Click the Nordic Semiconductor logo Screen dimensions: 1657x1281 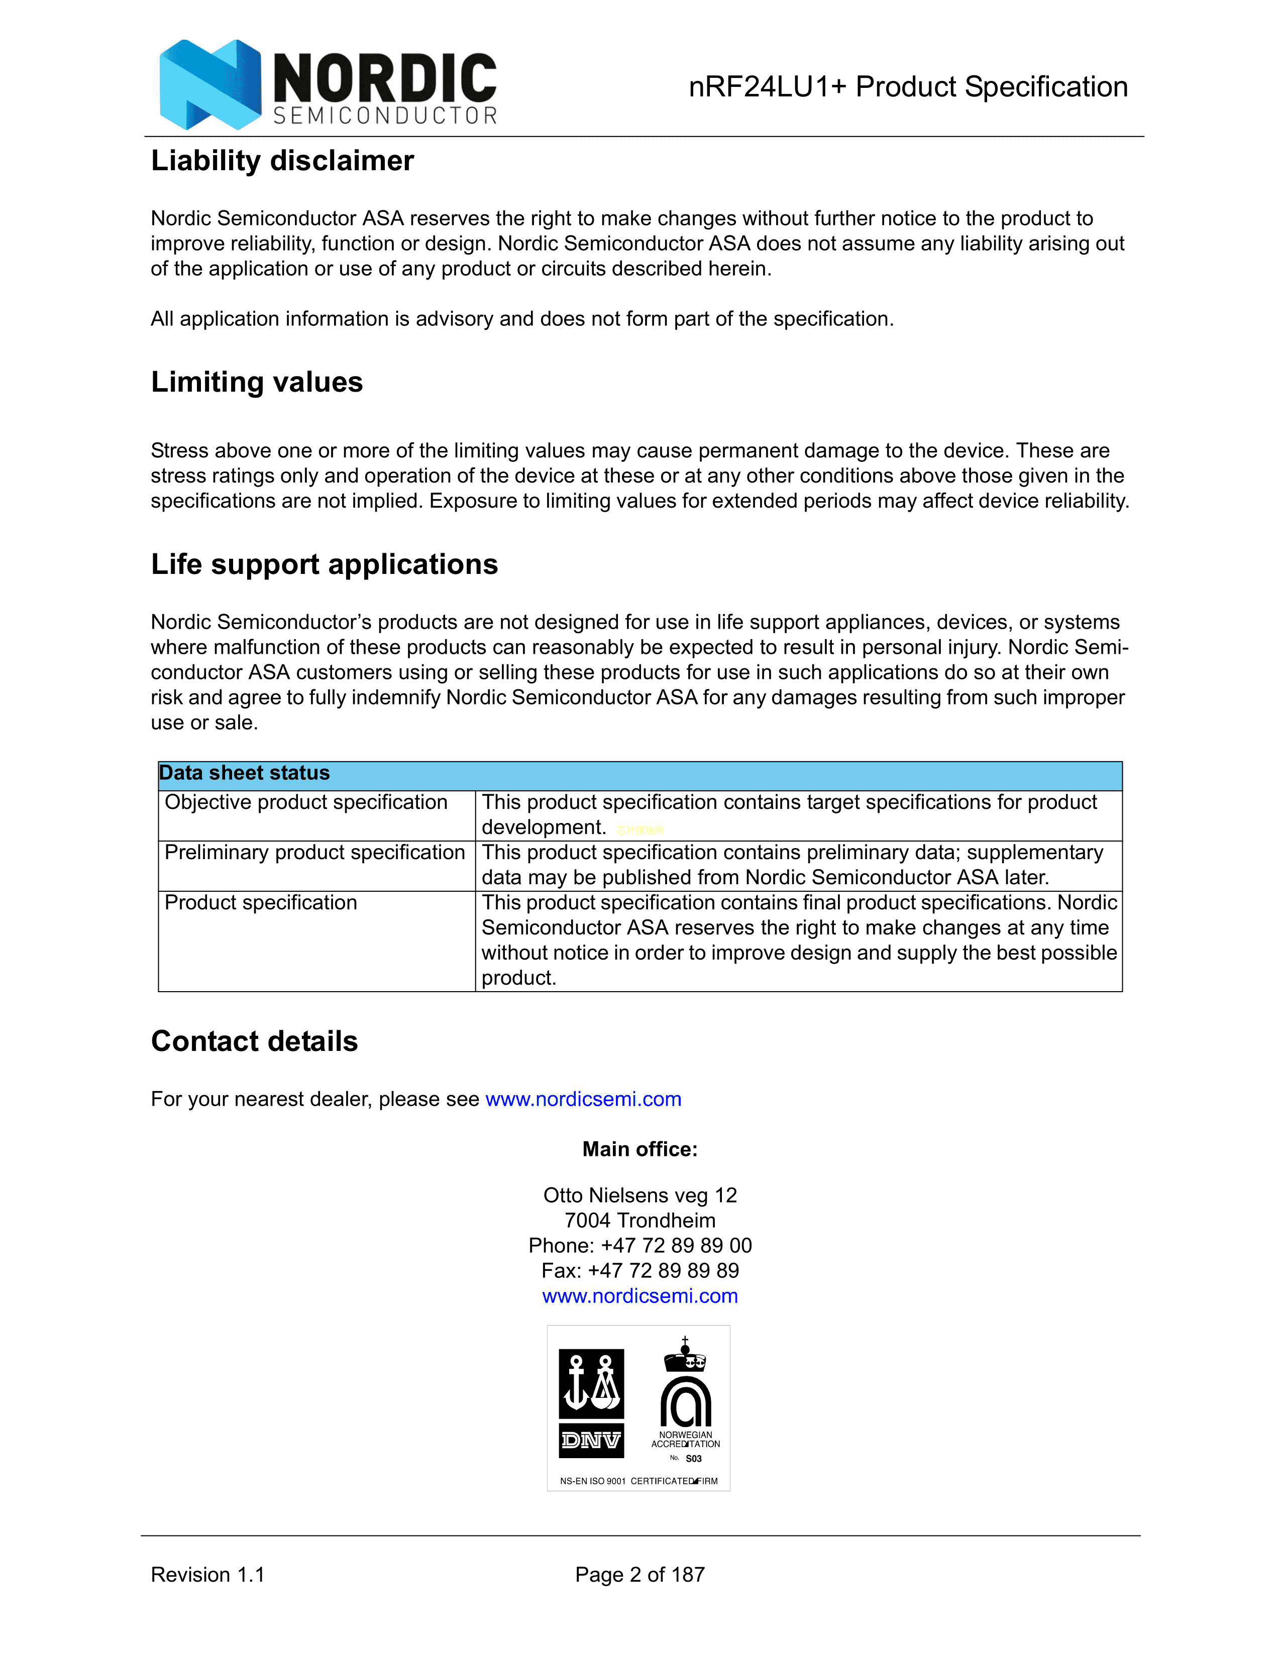coord(328,84)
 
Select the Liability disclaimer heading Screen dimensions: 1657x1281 coord(282,161)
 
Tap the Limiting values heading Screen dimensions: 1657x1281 coord(257,382)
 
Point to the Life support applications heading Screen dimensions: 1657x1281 coord(324,564)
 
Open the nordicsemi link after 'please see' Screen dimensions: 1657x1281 coord(583,1099)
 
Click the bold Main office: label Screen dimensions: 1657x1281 coord(639,1149)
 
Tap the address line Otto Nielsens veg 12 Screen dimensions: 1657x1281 coord(639,1196)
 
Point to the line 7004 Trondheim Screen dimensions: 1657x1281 coord(639,1221)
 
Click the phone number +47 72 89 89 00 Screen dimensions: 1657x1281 coord(675,1246)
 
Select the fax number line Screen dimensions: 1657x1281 coord(639,1271)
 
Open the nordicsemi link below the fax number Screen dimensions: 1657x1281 coord(639,1296)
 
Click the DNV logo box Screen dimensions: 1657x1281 coord(591,1403)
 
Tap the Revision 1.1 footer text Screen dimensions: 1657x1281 coord(207,1575)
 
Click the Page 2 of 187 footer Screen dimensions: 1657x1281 coord(639,1575)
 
